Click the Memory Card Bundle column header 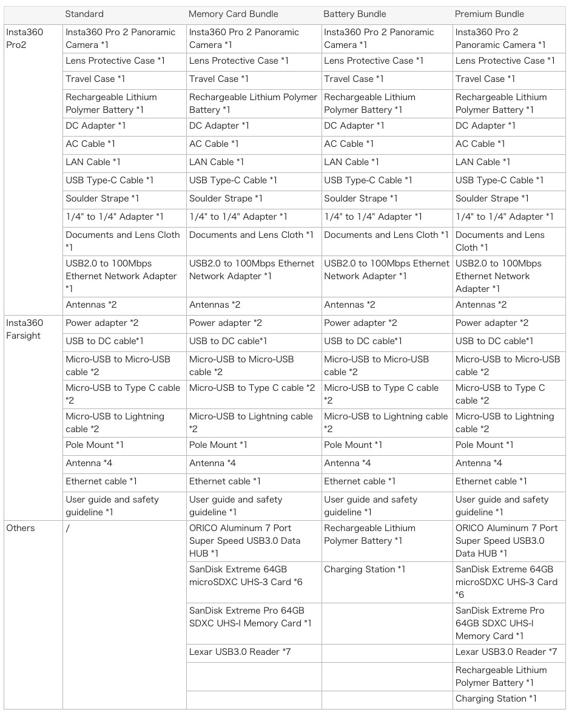point(233,14)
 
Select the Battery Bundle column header point(354,14)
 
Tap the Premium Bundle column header point(489,14)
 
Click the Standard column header point(84,14)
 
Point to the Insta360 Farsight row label point(25,329)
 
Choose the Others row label point(21,528)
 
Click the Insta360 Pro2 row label point(25,38)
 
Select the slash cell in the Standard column point(68,528)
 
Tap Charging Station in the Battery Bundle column point(365,569)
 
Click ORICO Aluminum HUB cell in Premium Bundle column point(507,540)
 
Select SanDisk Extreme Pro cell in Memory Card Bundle point(250,617)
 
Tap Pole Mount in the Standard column point(95,445)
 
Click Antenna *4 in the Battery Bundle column point(348,463)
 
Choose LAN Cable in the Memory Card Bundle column point(217,162)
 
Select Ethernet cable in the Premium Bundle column point(491,481)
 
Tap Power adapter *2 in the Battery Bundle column point(360,323)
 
